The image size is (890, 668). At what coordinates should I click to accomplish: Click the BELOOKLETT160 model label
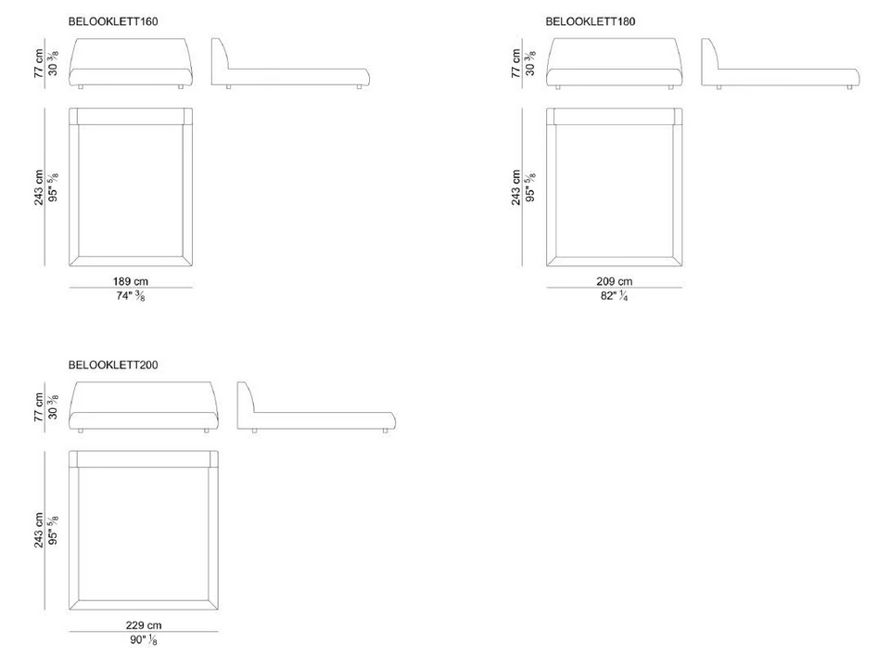click(113, 21)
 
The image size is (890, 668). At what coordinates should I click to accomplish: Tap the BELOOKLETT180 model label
click(591, 21)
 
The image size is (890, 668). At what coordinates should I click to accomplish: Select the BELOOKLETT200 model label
click(113, 365)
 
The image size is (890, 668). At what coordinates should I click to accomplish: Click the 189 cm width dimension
click(131, 281)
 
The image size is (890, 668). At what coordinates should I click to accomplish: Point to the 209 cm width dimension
click(614, 281)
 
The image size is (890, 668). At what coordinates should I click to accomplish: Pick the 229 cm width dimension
click(144, 624)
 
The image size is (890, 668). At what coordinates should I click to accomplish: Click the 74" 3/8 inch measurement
click(131, 296)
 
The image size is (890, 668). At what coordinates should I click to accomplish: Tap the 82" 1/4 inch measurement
click(614, 296)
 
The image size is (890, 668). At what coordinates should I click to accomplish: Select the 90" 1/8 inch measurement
click(144, 640)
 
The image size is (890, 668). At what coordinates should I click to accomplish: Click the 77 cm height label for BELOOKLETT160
click(39, 63)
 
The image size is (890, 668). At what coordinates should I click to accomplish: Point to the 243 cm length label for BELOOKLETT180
click(515, 187)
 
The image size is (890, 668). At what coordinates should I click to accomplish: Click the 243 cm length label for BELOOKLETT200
click(39, 531)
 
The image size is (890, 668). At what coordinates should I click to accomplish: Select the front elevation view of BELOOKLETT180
click(614, 62)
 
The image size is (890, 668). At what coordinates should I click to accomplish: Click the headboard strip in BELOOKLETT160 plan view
click(131, 116)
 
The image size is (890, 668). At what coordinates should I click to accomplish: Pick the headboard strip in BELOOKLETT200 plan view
click(144, 459)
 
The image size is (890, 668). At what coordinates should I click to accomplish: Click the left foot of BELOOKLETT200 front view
click(81, 431)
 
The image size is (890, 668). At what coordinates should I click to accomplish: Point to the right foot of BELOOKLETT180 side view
click(849, 87)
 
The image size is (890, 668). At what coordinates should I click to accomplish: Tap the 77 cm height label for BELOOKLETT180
click(515, 63)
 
